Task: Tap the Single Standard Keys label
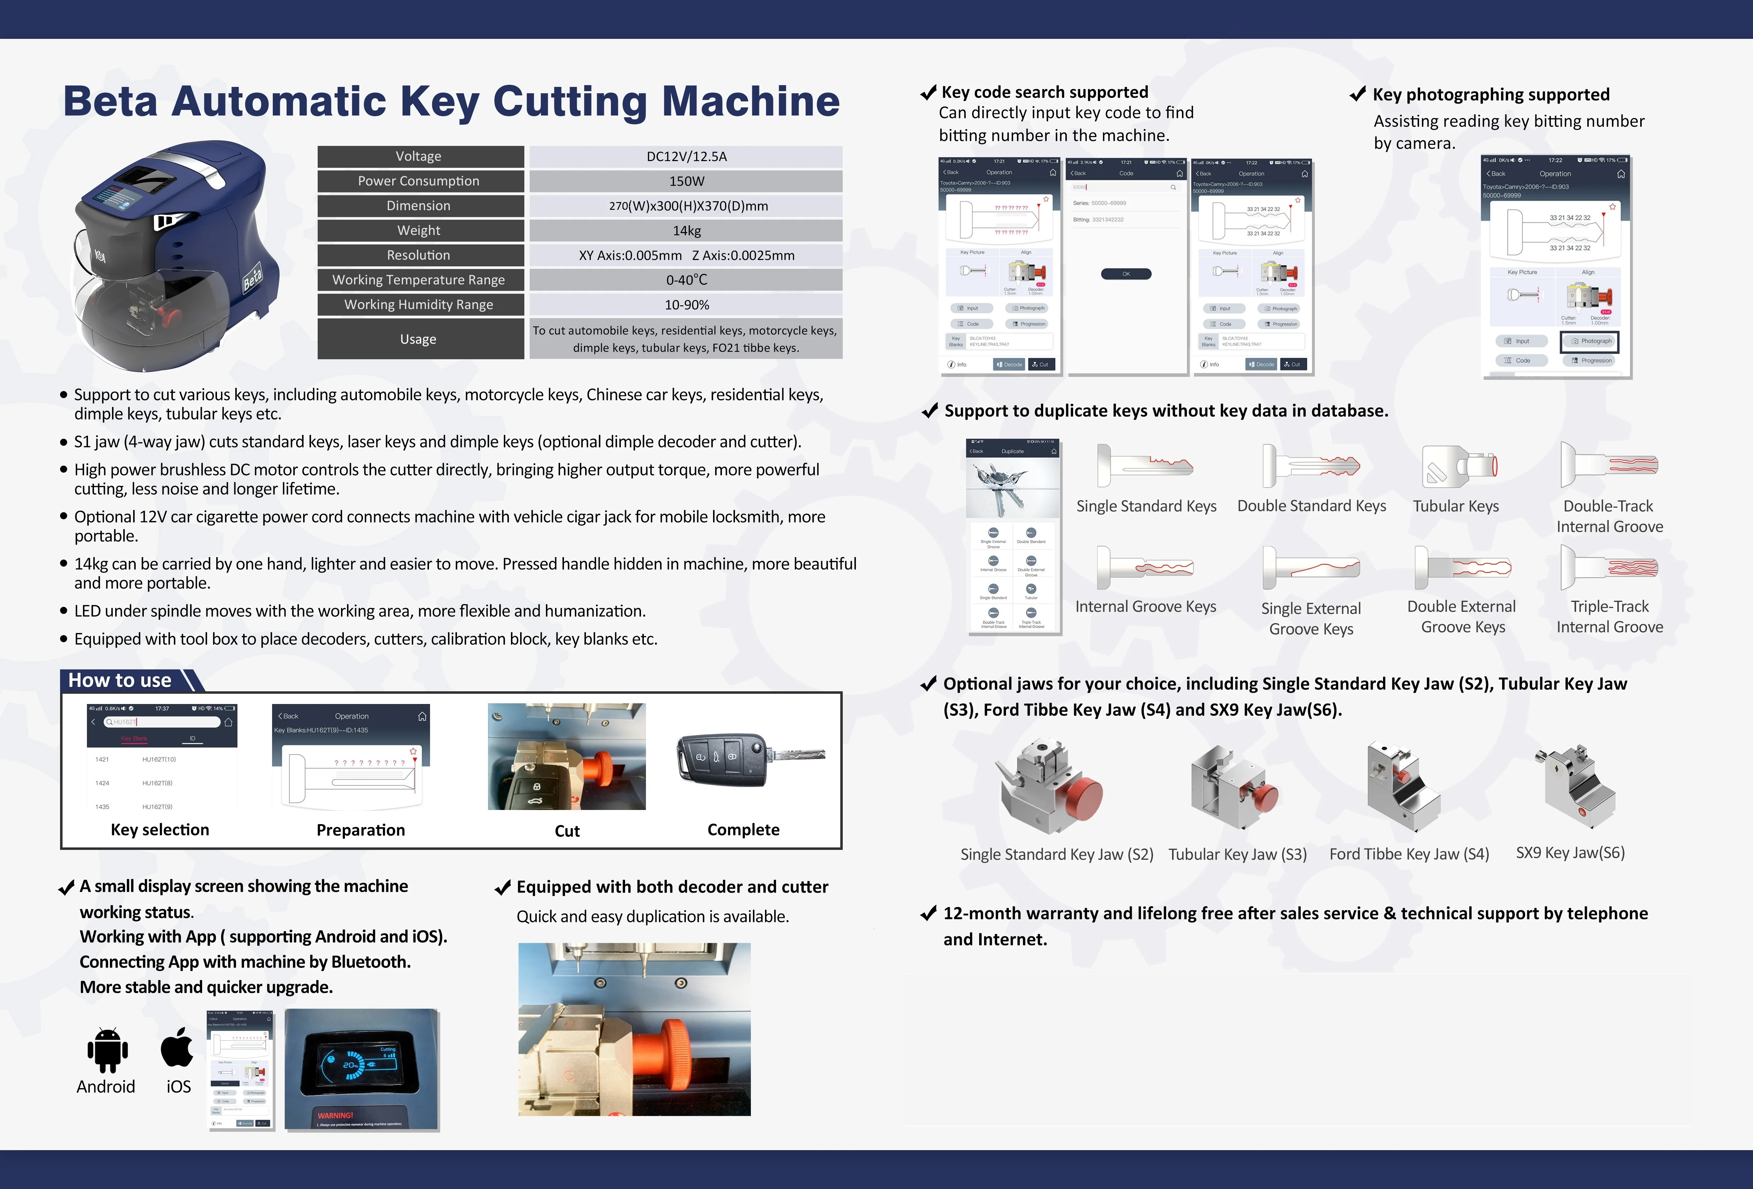tap(1146, 506)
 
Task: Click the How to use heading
tap(121, 680)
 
